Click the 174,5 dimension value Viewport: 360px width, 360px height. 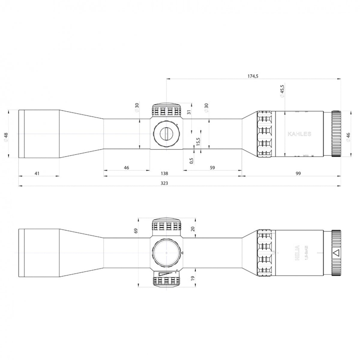pyautogui.click(x=253, y=76)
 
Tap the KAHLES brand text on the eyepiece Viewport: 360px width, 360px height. pyautogui.click(x=299, y=134)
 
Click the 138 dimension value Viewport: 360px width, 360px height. pyautogui.click(x=164, y=173)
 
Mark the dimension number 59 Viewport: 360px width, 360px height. pyautogui.click(x=212, y=168)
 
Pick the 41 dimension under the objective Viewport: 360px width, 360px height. pyautogui.click(x=37, y=173)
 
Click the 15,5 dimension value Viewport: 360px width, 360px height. pyautogui.click(x=198, y=142)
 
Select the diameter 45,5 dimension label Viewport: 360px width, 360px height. pyautogui.click(x=282, y=91)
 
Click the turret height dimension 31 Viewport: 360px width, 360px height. pyautogui.click(x=189, y=112)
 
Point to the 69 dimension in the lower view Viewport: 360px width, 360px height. pyautogui.click(x=136, y=231)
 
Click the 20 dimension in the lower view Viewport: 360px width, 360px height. pyautogui.click(x=193, y=229)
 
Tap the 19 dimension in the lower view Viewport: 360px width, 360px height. pyautogui.click(x=193, y=279)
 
